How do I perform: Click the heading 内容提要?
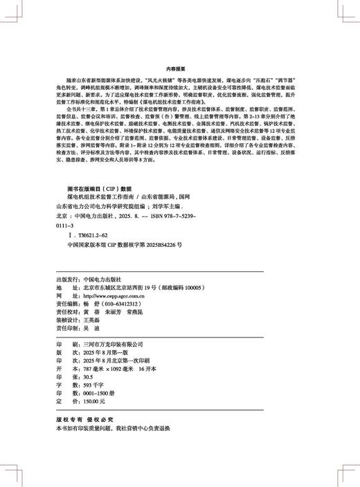pyautogui.click(x=180, y=69)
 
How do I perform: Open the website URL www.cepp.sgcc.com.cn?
pyautogui.click(x=115, y=295)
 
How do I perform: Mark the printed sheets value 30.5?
pyautogui.click(x=88, y=376)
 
